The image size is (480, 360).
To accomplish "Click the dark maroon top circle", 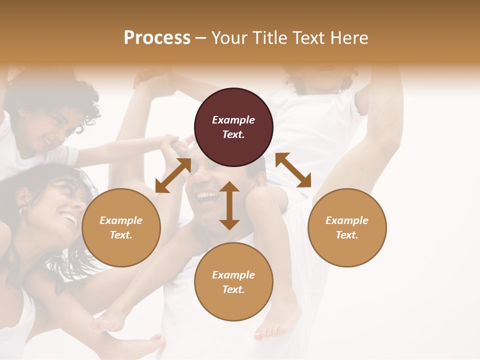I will tap(233, 127).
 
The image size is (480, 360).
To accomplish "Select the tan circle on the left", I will tap(121, 227).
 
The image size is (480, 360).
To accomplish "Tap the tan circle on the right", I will tap(347, 227).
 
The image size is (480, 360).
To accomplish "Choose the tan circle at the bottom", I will tap(233, 282).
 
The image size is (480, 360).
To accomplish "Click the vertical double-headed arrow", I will tap(229, 205).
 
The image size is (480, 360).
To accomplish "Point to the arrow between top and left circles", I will tap(173, 175).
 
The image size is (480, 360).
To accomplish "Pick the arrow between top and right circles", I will tap(293, 170).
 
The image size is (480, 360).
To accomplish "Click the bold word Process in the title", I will tap(157, 37).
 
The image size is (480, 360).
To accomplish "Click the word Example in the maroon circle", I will tap(233, 120).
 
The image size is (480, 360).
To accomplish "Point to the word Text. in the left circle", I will tap(121, 235).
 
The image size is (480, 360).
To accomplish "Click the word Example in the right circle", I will tap(347, 220).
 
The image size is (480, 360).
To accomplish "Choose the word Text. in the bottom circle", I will tap(233, 289).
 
